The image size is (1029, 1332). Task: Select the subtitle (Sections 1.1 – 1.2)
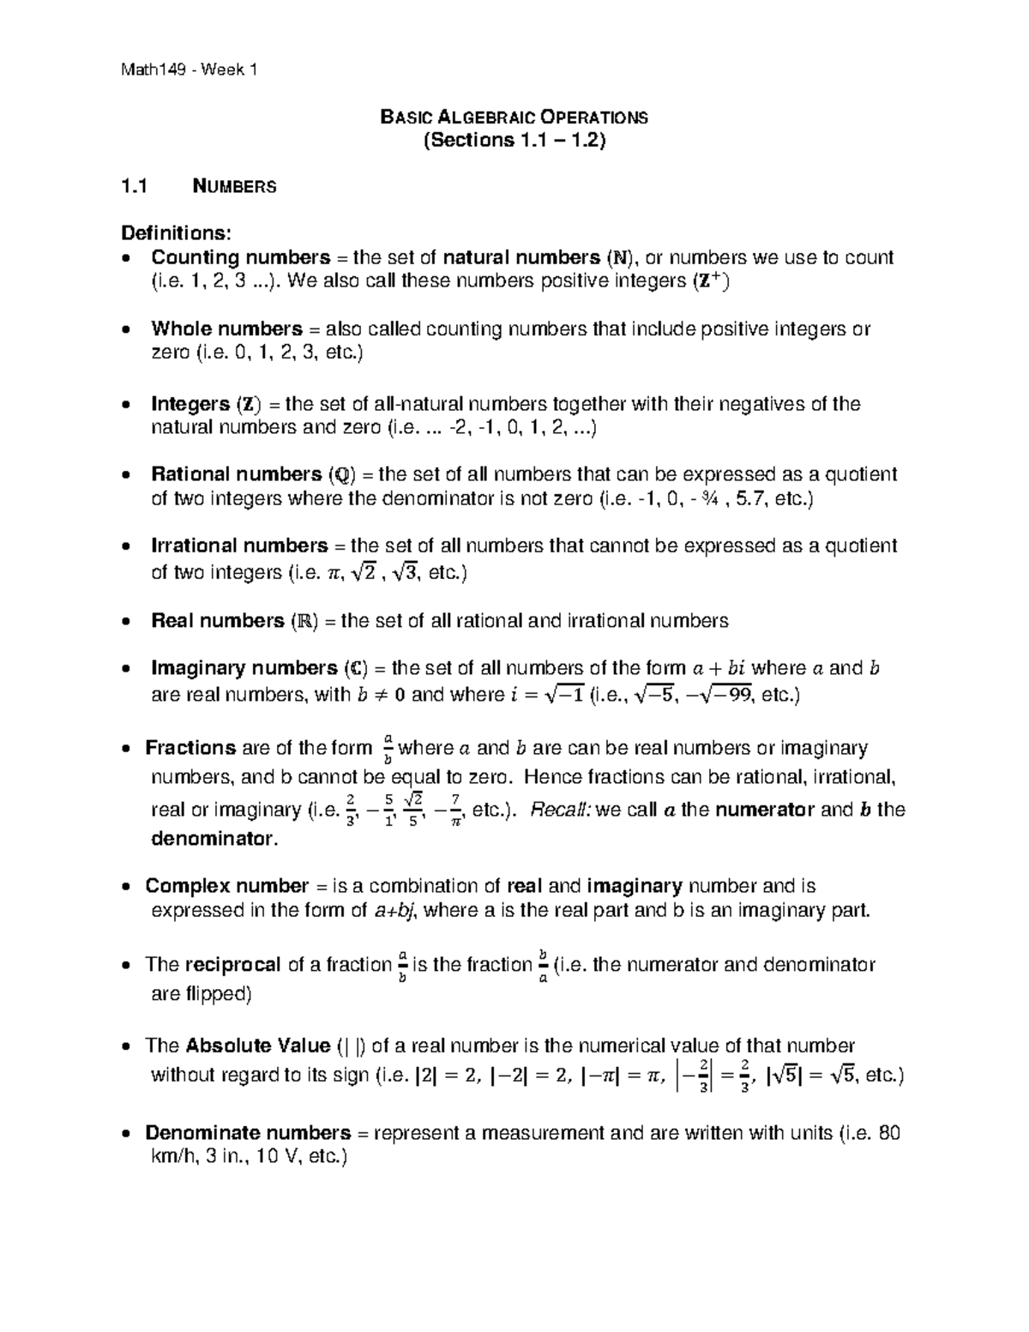[x=514, y=141]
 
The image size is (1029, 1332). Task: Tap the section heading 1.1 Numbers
[x=199, y=186]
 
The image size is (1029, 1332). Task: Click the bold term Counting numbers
[x=240, y=257]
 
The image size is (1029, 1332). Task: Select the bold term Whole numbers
[x=226, y=328]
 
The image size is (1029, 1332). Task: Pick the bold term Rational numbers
[x=236, y=474]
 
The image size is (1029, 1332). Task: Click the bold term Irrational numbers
[x=239, y=545]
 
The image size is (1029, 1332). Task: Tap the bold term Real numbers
[x=217, y=620]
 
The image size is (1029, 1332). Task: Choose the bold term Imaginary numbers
[x=244, y=668]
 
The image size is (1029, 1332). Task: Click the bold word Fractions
[x=190, y=748]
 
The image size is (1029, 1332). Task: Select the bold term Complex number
[x=226, y=886]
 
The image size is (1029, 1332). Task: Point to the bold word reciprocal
[x=232, y=965]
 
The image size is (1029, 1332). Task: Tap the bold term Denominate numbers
[x=248, y=1133]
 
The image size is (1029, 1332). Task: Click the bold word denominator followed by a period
[x=213, y=839]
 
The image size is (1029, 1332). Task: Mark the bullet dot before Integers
[x=127, y=405]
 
